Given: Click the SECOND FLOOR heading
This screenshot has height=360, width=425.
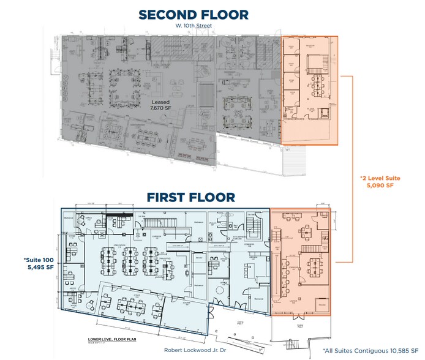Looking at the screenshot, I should (193, 14).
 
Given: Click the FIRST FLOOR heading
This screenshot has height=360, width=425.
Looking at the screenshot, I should (190, 197).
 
